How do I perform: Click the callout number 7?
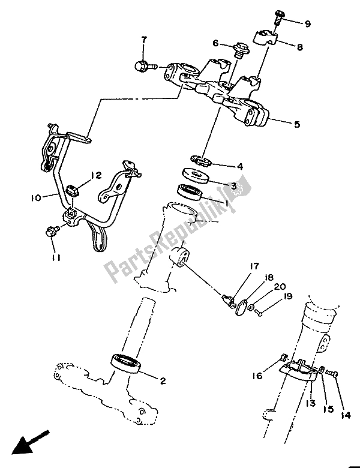click(x=143, y=40)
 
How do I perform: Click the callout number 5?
click(x=296, y=125)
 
